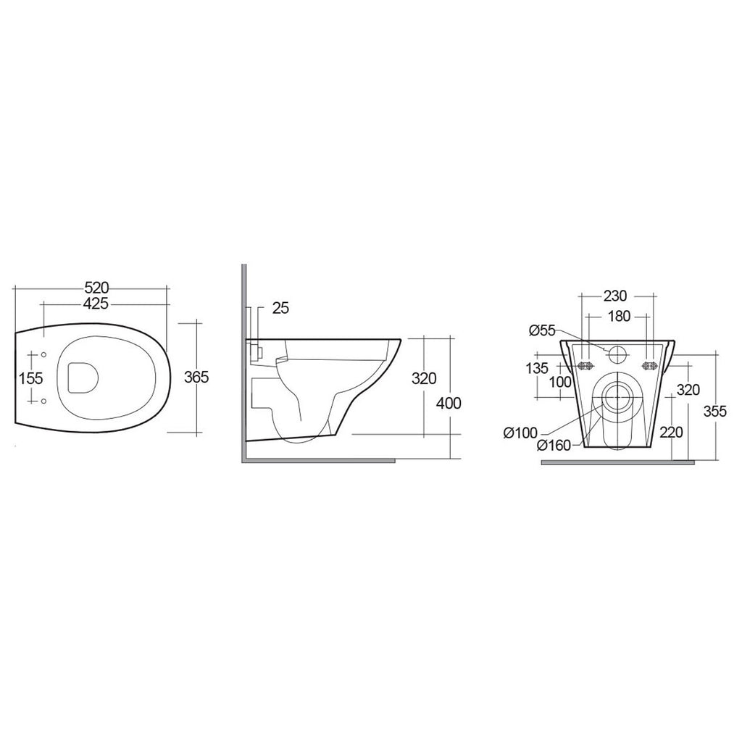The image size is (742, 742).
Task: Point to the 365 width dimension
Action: click(198, 377)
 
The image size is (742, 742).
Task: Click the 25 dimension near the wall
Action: click(280, 308)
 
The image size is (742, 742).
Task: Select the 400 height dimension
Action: click(449, 403)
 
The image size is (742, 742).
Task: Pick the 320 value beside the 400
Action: click(423, 378)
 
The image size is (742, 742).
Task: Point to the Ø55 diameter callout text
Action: click(542, 330)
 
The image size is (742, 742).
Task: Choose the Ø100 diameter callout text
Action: click(520, 433)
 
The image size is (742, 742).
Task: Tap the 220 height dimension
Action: click(672, 433)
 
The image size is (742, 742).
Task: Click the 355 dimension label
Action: click(716, 410)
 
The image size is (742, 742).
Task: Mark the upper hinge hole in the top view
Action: click(44, 354)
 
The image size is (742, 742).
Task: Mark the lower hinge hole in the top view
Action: click(44, 401)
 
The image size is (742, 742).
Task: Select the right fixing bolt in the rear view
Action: click(649, 365)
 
